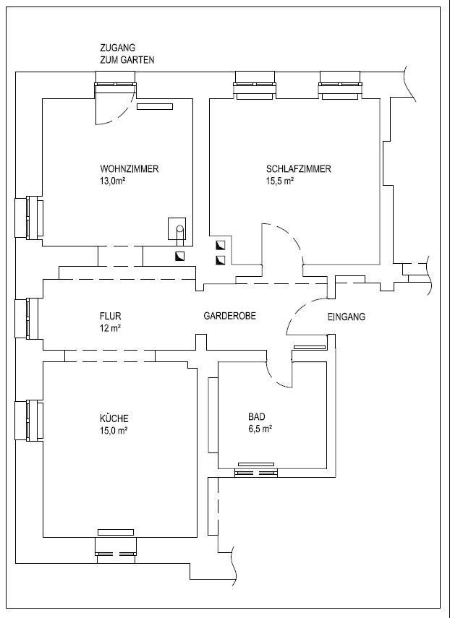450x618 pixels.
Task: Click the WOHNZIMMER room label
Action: [130, 169]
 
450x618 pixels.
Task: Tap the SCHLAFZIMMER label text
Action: [299, 169]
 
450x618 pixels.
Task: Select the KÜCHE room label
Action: [114, 419]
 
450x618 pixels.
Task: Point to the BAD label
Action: [257, 416]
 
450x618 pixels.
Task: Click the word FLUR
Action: [111, 316]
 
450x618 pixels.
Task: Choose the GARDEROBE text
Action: [229, 316]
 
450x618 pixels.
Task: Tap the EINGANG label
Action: [347, 317]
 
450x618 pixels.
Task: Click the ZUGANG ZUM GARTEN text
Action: [127, 53]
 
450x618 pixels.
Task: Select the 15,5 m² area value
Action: [281, 181]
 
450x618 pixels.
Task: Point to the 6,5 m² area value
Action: [260, 429]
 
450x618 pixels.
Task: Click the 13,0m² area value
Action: [113, 181]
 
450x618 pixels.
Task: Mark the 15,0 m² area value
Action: [113, 430]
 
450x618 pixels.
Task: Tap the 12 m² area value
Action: [110, 328]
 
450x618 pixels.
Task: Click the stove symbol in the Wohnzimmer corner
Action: [177, 228]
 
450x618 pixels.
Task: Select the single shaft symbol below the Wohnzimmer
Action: [180, 257]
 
